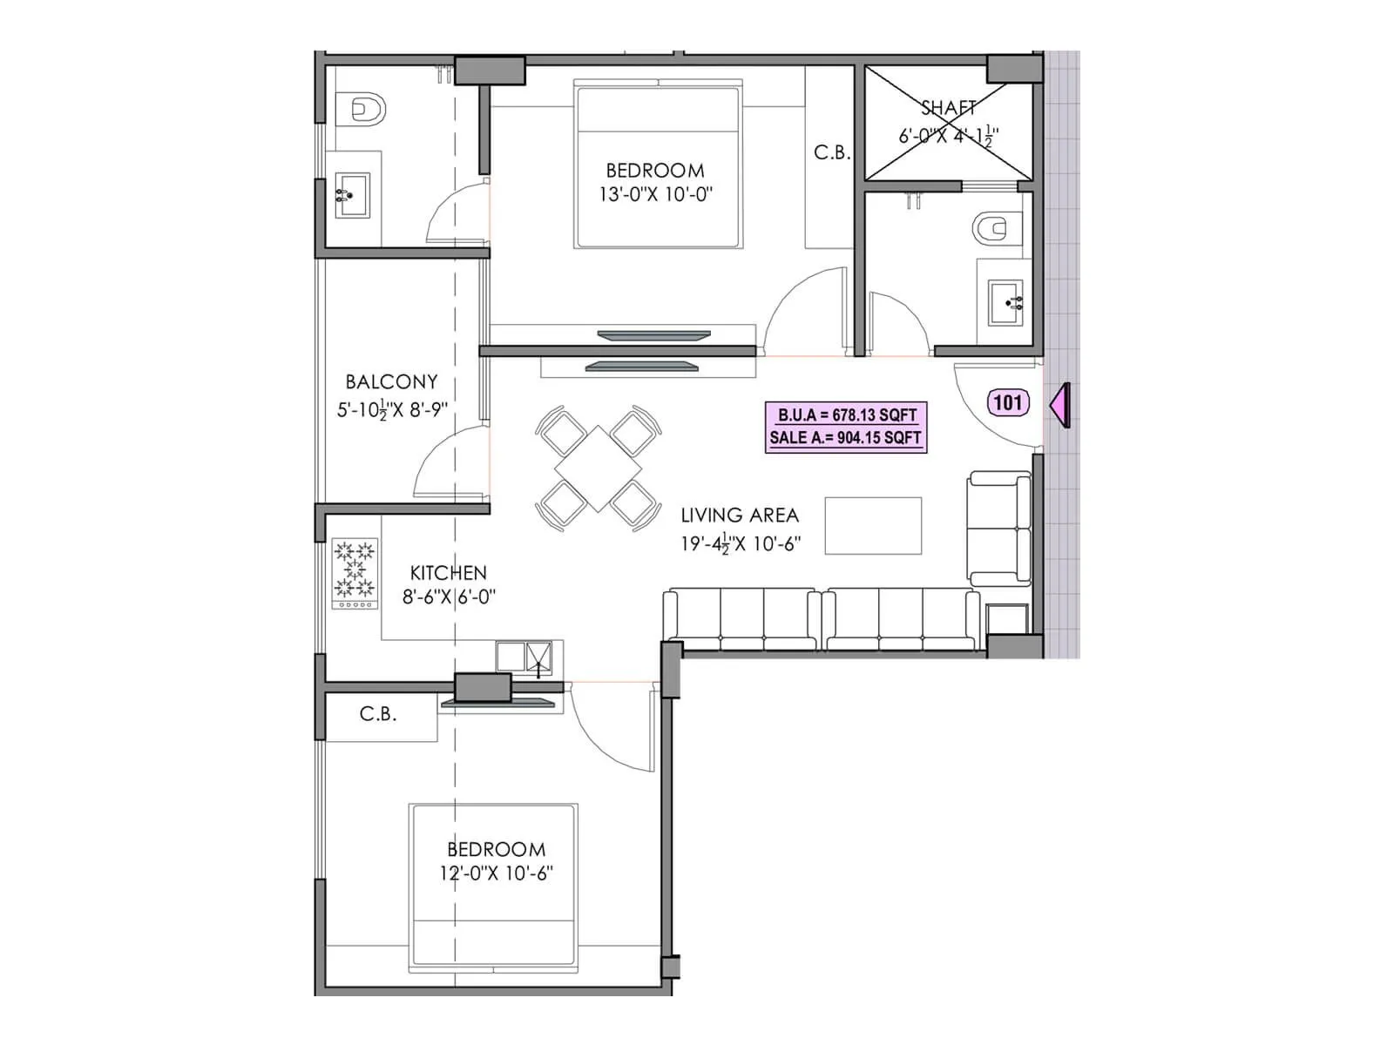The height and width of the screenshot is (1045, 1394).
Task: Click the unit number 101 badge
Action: coord(1007,402)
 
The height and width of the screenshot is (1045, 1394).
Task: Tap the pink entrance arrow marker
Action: coord(1060,406)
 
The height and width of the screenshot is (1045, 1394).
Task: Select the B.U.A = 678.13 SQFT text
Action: coord(846,415)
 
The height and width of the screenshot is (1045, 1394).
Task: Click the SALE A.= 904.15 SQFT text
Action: coord(846,438)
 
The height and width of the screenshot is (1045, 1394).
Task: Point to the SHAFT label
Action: coord(948,108)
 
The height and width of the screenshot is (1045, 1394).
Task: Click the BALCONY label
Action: coord(391,382)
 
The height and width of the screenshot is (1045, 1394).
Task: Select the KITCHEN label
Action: coord(448,573)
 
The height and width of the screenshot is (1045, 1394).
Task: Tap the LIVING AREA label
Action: coord(740,516)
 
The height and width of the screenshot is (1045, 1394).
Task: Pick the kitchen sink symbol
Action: coord(524,657)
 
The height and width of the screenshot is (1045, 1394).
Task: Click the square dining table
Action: coord(598,469)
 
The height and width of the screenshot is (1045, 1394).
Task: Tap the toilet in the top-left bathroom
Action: coord(361,108)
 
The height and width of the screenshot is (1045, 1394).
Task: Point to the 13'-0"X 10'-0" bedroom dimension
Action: coord(655,194)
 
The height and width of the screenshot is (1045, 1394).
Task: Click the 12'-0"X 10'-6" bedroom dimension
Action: coord(496,873)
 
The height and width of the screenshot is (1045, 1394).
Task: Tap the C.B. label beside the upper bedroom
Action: coord(832,152)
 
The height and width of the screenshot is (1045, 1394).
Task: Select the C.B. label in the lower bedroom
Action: coord(378,714)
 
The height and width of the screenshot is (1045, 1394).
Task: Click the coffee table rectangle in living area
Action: coord(873,525)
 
